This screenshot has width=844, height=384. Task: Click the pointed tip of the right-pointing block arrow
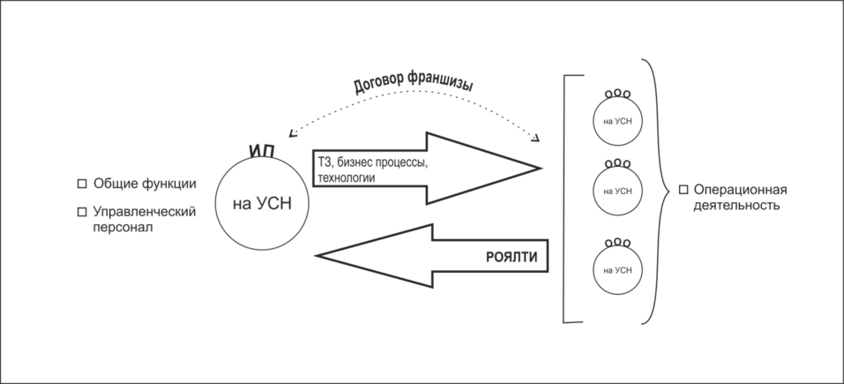pos(542,167)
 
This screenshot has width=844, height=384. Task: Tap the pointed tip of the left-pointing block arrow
pos(316,256)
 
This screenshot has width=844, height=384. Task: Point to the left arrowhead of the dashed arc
pos(293,134)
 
